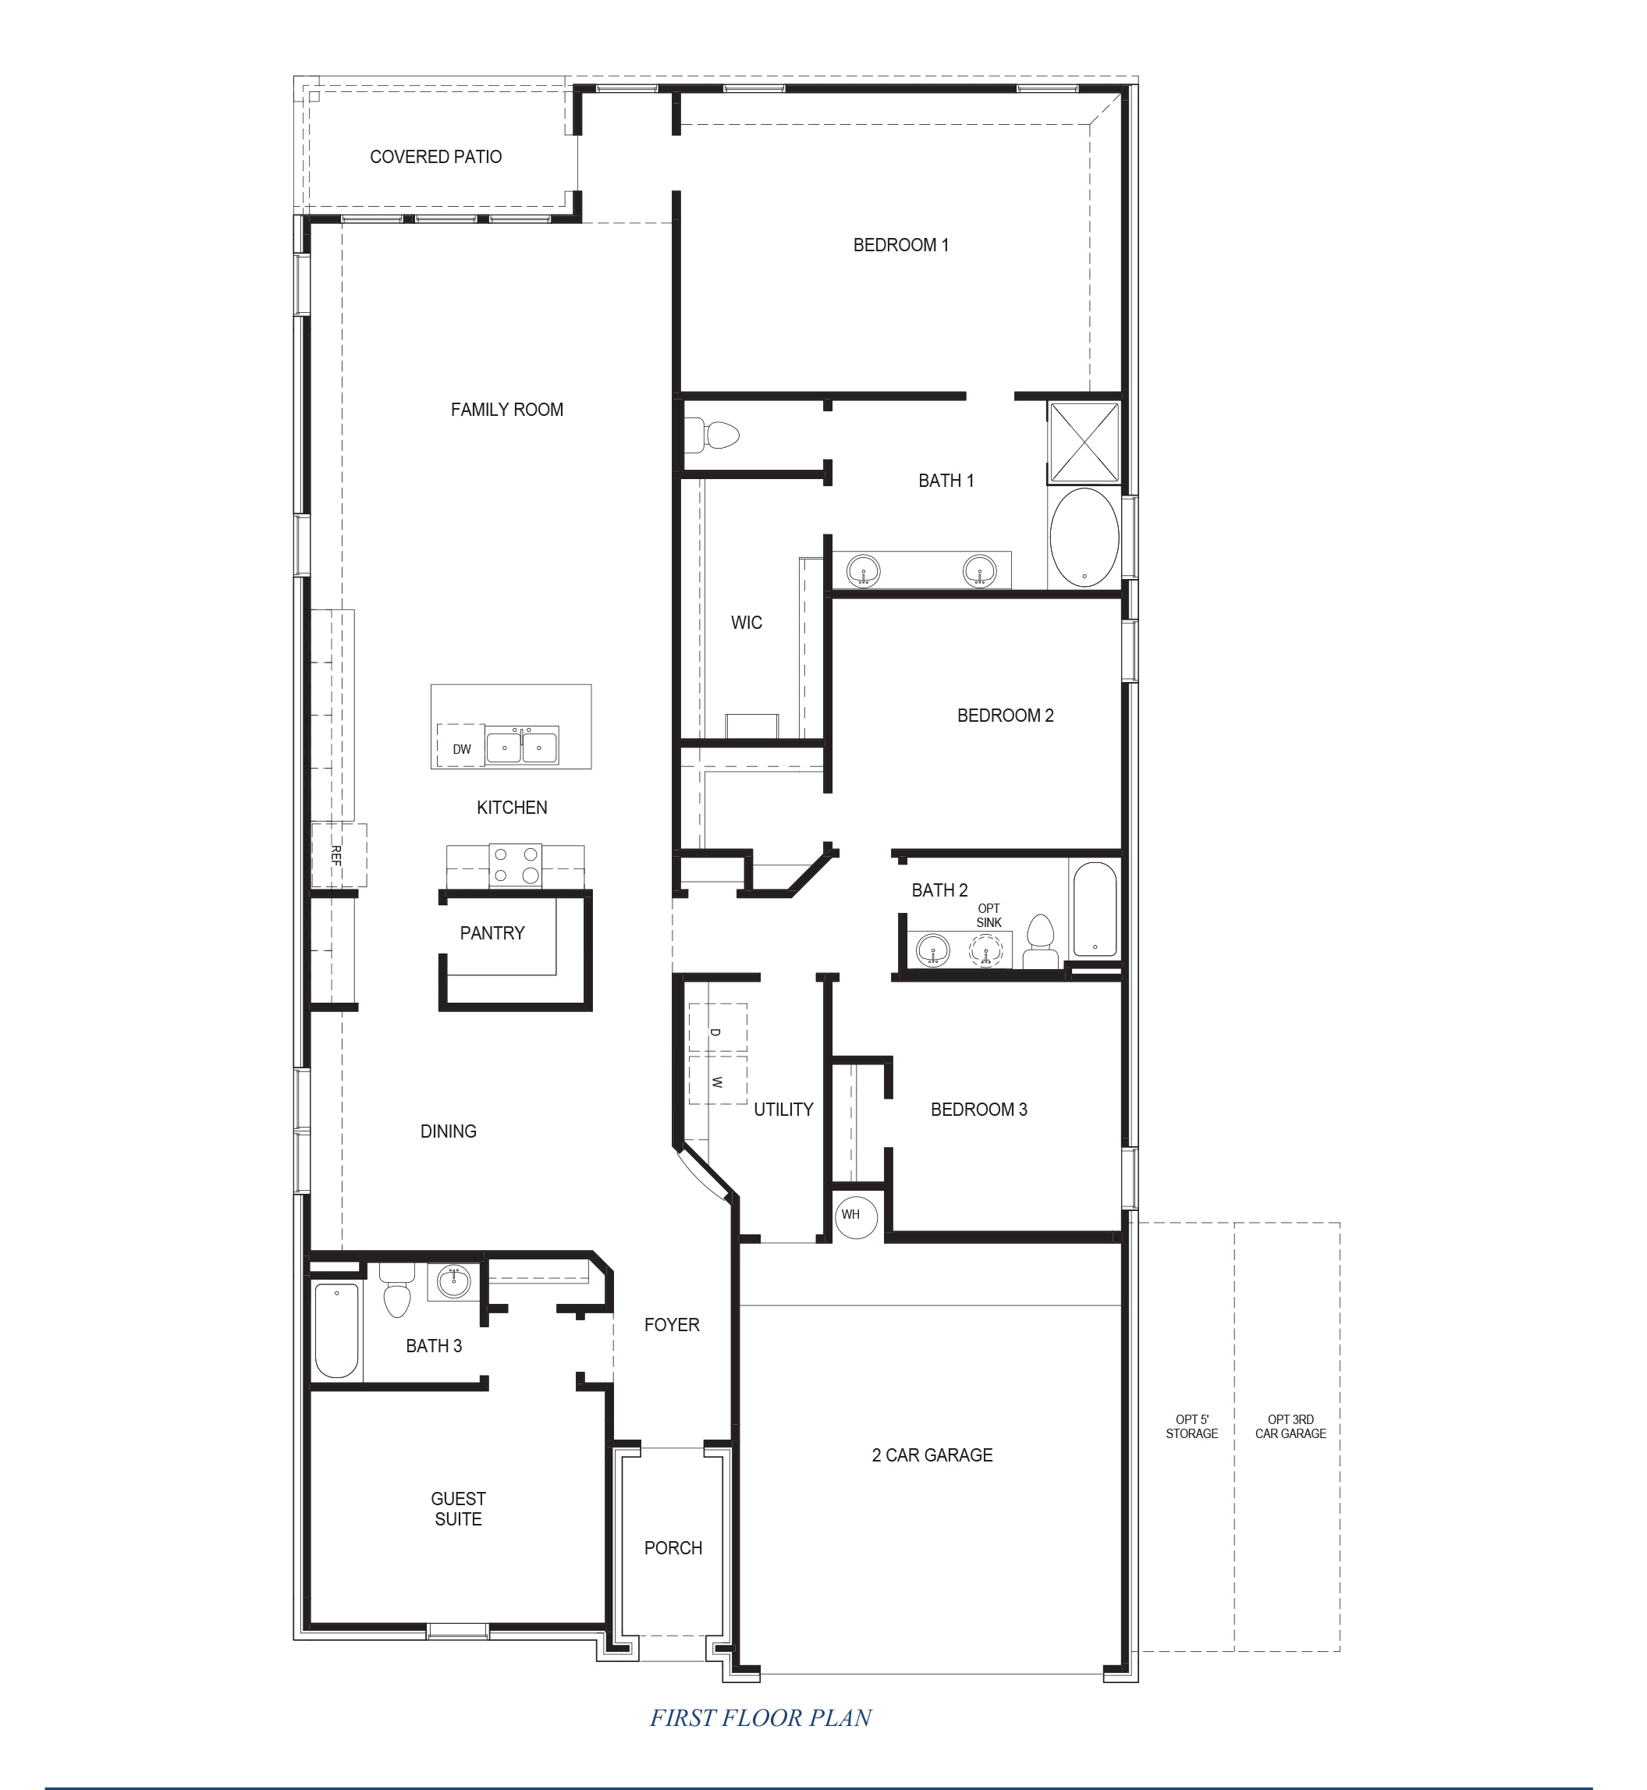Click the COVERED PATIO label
(436, 157)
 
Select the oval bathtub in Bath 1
(1084, 538)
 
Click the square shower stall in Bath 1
(1084, 442)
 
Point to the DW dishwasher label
(462, 749)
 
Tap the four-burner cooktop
(516, 865)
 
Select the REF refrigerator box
(338, 856)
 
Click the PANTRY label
(492, 933)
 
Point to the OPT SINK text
(989, 915)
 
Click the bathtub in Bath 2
(1095, 909)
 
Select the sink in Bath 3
(455, 1282)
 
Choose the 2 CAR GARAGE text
(932, 1454)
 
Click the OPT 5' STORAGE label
(1191, 1426)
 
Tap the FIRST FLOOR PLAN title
(760, 1717)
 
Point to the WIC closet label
(746, 622)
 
